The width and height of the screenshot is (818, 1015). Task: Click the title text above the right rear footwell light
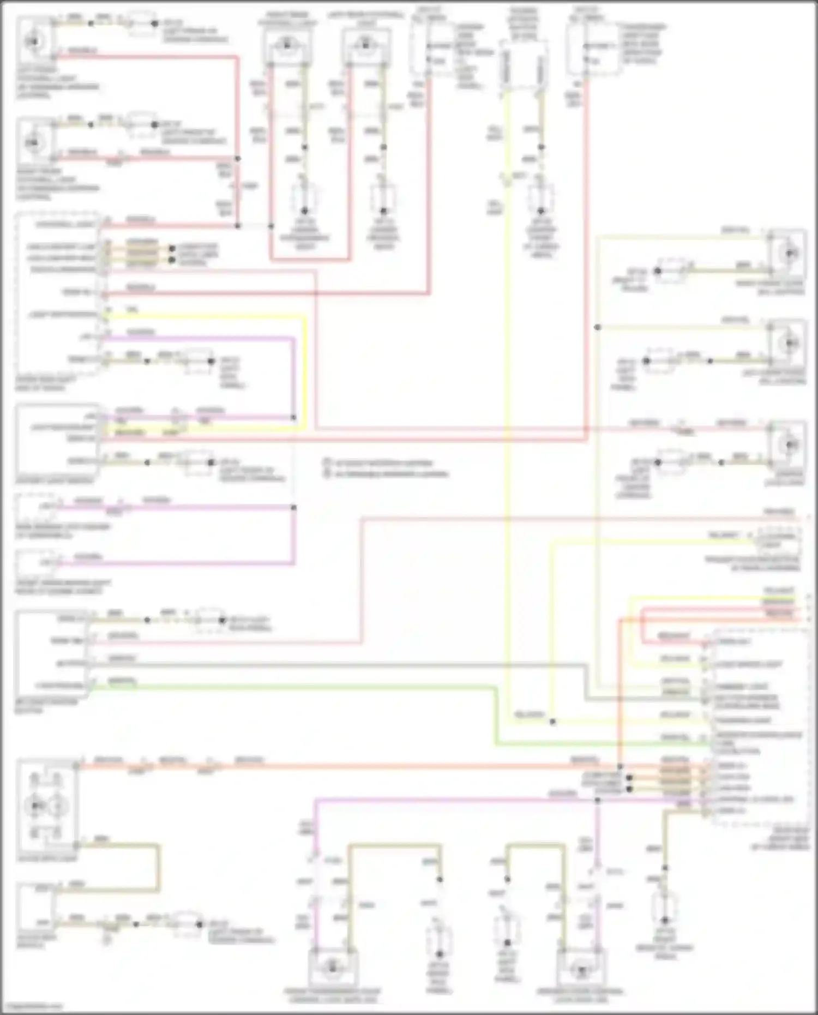(x=287, y=18)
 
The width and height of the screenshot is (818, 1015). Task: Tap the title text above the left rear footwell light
(x=366, y=18)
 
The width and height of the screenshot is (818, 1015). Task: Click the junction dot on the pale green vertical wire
(x=598, y=327)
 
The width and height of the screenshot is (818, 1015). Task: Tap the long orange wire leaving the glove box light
(x=382, y=766)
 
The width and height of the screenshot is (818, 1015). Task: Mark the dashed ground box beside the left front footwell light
(x=142, y=25)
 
